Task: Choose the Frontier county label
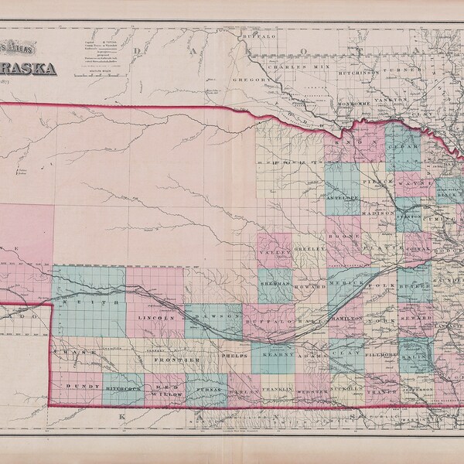click(171, 360)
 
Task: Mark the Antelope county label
click(343, 199)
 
